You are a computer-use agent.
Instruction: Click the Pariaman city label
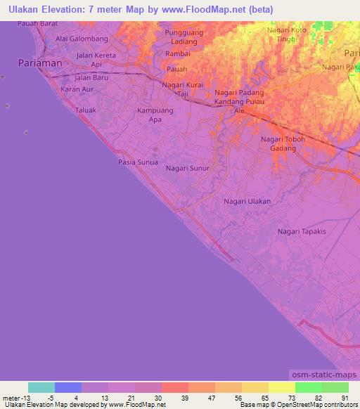[40, 63]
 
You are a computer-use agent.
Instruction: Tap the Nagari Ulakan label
[247, 201]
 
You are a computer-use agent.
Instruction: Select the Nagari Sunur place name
[188, 169]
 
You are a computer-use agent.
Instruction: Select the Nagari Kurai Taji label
[182, 89]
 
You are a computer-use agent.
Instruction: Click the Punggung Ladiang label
[184, 37]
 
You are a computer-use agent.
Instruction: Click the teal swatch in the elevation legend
[41, 387]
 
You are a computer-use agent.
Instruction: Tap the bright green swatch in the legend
[308, 387]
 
